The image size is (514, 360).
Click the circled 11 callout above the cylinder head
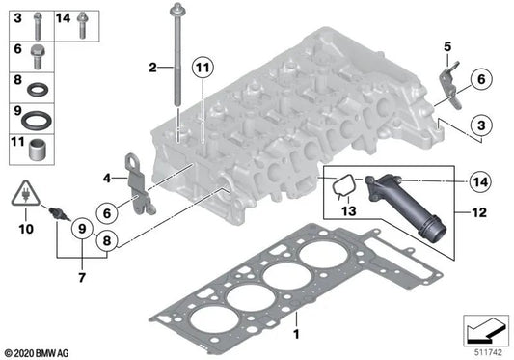203,68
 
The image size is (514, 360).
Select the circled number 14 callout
480,181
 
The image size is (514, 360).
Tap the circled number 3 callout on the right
481,125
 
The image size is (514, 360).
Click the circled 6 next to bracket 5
481,79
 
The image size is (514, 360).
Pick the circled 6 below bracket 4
107,213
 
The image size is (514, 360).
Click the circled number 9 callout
82,229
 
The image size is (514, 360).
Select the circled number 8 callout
107,241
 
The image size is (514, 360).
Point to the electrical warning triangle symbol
26,194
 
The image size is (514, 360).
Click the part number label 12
479,212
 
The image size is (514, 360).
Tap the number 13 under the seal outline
348,210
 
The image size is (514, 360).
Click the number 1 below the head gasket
296,334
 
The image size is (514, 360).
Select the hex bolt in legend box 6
38,57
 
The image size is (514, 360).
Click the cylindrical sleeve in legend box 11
37,151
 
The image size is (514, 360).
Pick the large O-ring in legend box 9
37,120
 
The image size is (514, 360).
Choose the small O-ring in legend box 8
38,90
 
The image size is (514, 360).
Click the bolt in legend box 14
82,25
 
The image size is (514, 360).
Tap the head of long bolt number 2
177,9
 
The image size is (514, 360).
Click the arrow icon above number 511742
485,331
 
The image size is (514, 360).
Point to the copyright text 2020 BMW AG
37,353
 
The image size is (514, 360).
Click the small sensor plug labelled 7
59,213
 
